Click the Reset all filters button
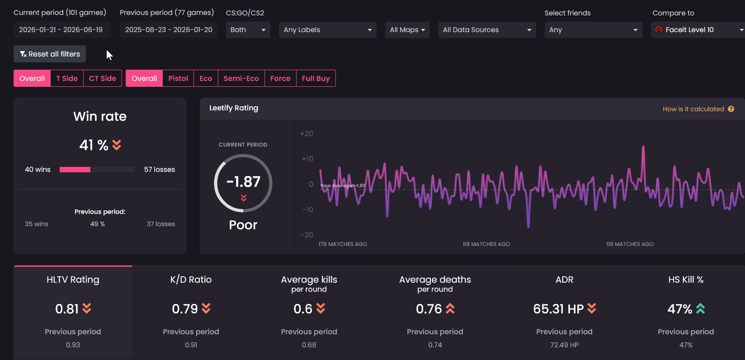click(x=50, y=54)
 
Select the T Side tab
click(x=67, y=79)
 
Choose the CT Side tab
click(x=103, y=79)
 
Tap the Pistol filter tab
click(x=178, y=79)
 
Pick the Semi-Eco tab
click(x=241, y=79)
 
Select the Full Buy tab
click(x=316, y=79)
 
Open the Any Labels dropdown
click(x=328, y=30)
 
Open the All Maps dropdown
click(x=407, y=30)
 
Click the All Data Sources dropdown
click(x=487, y=30)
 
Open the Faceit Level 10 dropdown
click(x=698, y=30)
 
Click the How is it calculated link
click(x=698, y=109)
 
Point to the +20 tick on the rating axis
click(x=306, y=134)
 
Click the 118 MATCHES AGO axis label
click(x=486, y=244)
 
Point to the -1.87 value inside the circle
click(x=243, y=182)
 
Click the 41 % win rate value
click(x=94, y=145)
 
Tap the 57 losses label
click(x=159, y=169)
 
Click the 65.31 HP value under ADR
click(x=558, y=309)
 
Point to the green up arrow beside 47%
click(x=700, y=309)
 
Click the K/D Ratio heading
click(x=191, y=279)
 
